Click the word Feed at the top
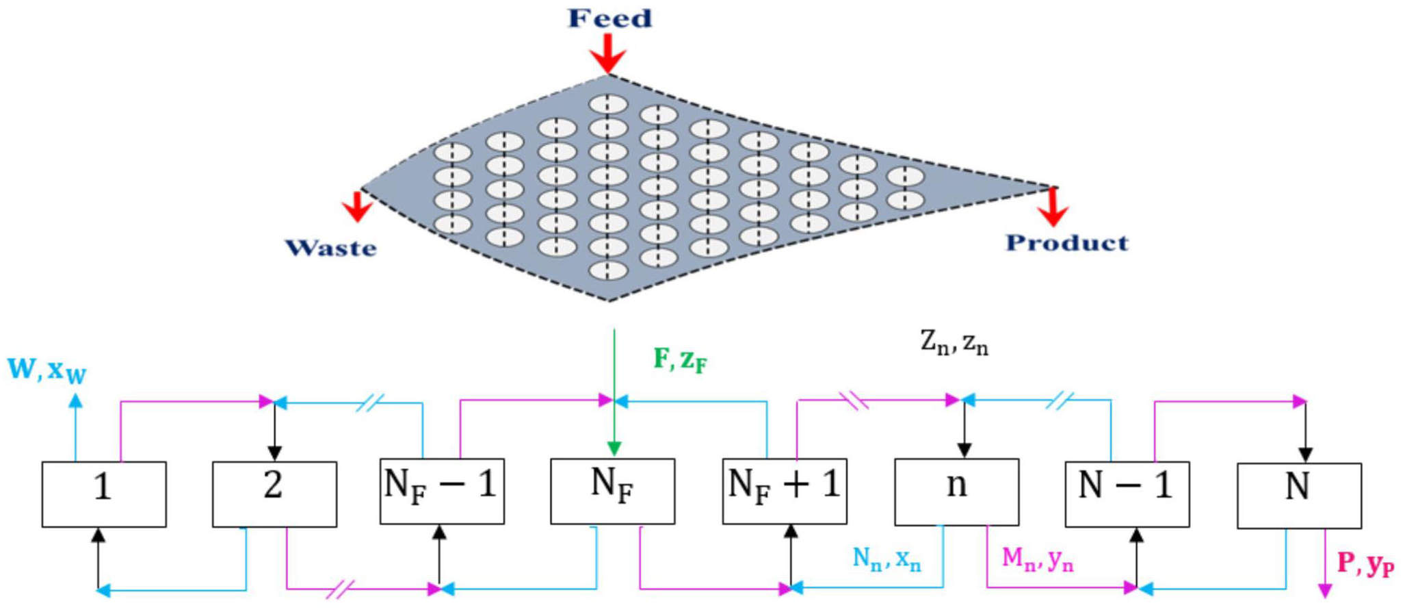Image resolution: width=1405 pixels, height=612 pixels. [609, 18]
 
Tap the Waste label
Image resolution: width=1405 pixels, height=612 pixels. [330, 247]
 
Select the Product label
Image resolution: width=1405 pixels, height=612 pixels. [1066, 242]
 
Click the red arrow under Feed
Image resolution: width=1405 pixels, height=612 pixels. [607, 53]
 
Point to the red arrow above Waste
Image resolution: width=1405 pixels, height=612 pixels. [356, 207]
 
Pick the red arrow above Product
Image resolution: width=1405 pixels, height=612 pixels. [1053, 207]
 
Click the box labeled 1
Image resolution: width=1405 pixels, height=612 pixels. [104, 494]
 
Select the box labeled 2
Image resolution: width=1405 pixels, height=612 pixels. [274, 494]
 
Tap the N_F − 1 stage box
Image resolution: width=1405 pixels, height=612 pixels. [442, 491]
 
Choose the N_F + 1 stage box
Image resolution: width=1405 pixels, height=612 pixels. [785, 491]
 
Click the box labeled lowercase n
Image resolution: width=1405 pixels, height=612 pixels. [956, 491]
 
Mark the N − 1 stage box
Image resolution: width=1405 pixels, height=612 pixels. [1127, 493]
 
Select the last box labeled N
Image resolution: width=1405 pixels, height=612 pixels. [1299, 495]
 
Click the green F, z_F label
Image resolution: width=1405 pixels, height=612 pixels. [680, 359]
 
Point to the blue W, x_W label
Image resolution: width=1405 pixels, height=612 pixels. [47, 370]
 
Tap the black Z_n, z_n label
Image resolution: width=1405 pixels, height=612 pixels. [954, 342]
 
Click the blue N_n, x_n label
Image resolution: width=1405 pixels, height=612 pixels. [887, 559]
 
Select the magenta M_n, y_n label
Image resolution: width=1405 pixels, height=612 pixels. [1037, 559]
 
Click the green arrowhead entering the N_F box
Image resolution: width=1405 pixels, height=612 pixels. [614, 449]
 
